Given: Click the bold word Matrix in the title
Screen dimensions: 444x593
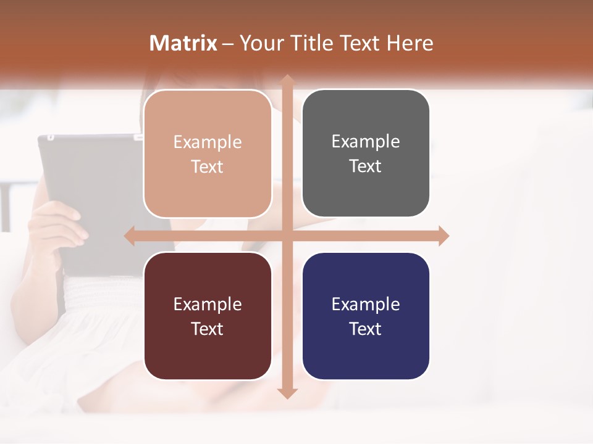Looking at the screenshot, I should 183,43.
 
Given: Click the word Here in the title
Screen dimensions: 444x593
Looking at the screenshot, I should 410,43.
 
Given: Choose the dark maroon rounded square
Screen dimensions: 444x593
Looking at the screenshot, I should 208,358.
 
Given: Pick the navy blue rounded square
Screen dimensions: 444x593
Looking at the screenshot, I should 366,358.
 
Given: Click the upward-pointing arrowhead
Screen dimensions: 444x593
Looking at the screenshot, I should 287,80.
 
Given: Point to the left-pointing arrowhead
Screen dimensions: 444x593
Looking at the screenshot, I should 130,236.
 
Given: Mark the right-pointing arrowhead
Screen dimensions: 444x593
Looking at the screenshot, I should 443,236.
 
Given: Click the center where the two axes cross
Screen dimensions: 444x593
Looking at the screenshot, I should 287,236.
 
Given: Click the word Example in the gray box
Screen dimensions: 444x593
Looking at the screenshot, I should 366,142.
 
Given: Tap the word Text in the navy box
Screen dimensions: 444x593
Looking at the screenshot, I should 366,329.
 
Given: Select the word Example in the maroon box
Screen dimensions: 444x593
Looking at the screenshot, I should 208,304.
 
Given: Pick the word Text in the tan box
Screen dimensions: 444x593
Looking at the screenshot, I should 208,166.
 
